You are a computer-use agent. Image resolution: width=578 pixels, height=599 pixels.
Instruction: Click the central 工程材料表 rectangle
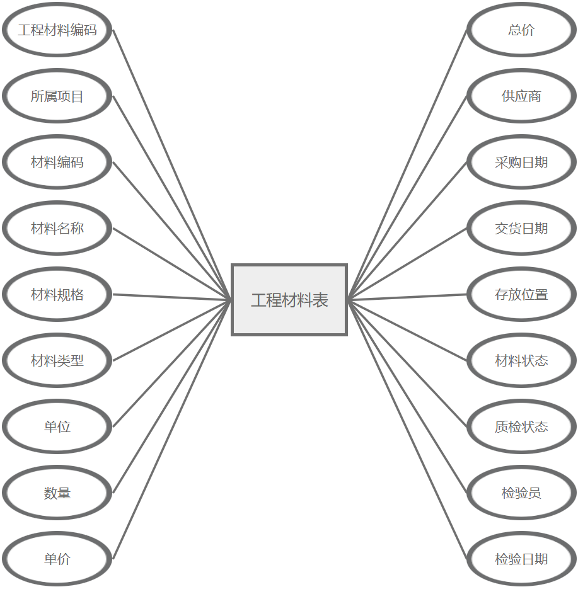coord(289,300)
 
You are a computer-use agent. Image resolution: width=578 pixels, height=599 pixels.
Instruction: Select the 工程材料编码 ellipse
coord(57,30)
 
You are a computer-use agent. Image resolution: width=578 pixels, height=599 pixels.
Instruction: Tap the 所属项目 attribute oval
coord(57,96)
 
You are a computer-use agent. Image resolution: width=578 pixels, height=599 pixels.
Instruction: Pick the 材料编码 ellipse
coord(57,163)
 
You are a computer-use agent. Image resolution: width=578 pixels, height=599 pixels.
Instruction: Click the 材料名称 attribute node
coord(57,229)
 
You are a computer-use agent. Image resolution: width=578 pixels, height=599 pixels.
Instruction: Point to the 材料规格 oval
coord(57,295)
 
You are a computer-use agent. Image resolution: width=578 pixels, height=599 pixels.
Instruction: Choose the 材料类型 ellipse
coord(57,361)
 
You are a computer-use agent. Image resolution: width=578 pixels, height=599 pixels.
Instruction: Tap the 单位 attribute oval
coord(57,427)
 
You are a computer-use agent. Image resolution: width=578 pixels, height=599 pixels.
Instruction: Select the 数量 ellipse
coord(57,493)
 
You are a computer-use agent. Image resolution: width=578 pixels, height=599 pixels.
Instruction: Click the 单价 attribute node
coord(57,559)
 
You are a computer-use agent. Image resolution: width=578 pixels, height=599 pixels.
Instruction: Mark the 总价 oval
coord(521,30)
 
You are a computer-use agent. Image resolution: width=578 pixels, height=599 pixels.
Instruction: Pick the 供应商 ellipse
coord(521,96)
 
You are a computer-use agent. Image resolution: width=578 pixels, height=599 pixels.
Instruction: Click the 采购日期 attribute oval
coord(521,163)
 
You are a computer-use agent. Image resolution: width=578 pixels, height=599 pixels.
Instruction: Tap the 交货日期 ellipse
coord(521,229)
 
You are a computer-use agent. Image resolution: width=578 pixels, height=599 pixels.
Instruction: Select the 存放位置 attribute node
coord(521,295)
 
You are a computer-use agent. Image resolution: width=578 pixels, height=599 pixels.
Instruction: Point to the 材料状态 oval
coord(521,361)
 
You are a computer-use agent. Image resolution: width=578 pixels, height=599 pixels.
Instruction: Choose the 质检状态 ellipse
coord(521,427)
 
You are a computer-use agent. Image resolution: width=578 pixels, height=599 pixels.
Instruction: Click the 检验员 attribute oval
coord(521,493)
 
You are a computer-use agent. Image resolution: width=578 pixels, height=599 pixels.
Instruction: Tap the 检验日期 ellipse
coord(521,559)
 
